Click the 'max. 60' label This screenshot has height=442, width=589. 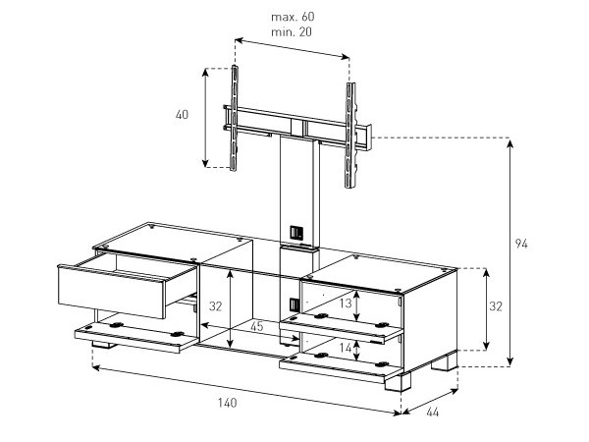(x=293, y=17)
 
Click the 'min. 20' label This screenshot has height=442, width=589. (x=292, y=32)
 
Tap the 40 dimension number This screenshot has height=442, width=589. (x=182, y=115)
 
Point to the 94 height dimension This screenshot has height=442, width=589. (x=521, y=244)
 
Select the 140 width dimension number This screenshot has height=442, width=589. (x=228, y=403)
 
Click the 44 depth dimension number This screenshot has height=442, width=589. (x=432, y=413)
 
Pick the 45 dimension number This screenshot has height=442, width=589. (x=257, y=326)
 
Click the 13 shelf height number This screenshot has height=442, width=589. (x=346, y=303)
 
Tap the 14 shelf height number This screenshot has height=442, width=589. (x=346, y=348)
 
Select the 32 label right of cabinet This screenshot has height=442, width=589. (x=496, y=306)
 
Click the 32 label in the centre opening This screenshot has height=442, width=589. (x=216, y=306)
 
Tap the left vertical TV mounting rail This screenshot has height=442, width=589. (x=234, y=118)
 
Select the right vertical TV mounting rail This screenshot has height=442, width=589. (x=350, y=136)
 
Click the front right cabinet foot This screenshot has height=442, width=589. (x=398, y=381)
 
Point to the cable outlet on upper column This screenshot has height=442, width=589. (x=296, y=233)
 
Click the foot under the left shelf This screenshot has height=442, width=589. (x=103, y=345)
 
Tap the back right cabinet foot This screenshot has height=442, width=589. (x=445, y=361)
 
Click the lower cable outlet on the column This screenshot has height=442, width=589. (x=294, y=304)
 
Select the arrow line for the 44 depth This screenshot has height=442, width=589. (x=430, y=402)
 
